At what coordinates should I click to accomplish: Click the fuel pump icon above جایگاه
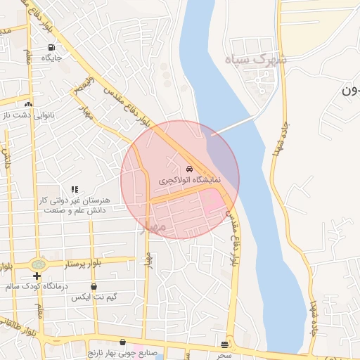point(51,48)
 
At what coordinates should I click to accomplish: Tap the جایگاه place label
point(51,58)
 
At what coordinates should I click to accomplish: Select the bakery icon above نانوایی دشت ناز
point(28,103)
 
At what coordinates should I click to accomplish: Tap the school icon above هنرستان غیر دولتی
point(75,190)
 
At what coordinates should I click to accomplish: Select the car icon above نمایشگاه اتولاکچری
point(189,169)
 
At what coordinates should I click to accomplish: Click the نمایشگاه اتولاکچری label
point(189,180)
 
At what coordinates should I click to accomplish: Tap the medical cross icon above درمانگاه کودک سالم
point(37,276)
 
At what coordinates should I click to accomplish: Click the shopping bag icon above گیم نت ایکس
point(94,286)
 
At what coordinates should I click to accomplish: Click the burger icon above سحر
point(224,344)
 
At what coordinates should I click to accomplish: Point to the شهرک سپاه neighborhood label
point(256,60)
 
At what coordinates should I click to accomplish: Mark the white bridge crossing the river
point(232,127)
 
